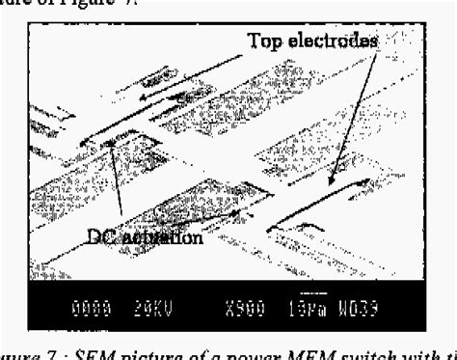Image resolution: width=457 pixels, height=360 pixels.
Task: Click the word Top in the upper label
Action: point(268,41)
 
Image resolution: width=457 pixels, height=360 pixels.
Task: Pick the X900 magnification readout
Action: point(242,312)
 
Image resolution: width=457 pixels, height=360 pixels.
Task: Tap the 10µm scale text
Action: point(307,312)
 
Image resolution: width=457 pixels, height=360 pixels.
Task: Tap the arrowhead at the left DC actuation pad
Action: point(112,144)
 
